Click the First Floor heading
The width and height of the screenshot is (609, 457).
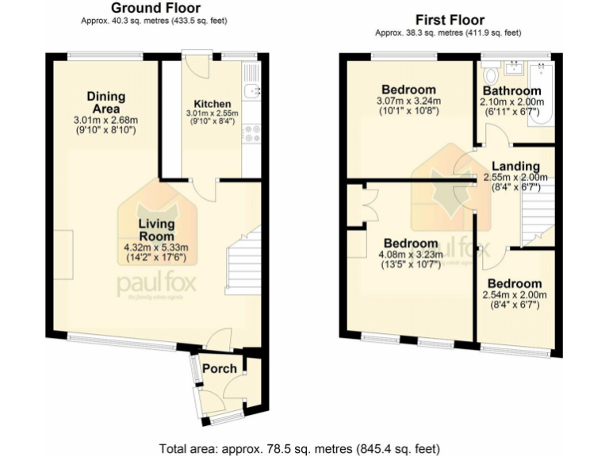tap(450, 20)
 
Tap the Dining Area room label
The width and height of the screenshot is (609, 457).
tap(105, 102)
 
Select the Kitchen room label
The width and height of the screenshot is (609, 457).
tap(213, 104)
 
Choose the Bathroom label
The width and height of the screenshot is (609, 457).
tap(511, 91)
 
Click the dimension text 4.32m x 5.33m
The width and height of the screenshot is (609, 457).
tap(155, 248)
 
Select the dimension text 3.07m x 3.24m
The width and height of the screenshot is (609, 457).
tap(408, 101)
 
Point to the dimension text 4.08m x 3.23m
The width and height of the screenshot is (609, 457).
tap(410, 255)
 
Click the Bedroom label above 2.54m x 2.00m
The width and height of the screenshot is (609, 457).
tap(515, 283)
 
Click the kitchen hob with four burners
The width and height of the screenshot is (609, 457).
tap(252, 134)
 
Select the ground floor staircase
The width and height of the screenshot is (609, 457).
tap(244, 260)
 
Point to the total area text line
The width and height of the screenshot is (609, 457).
tap(304, 447)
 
